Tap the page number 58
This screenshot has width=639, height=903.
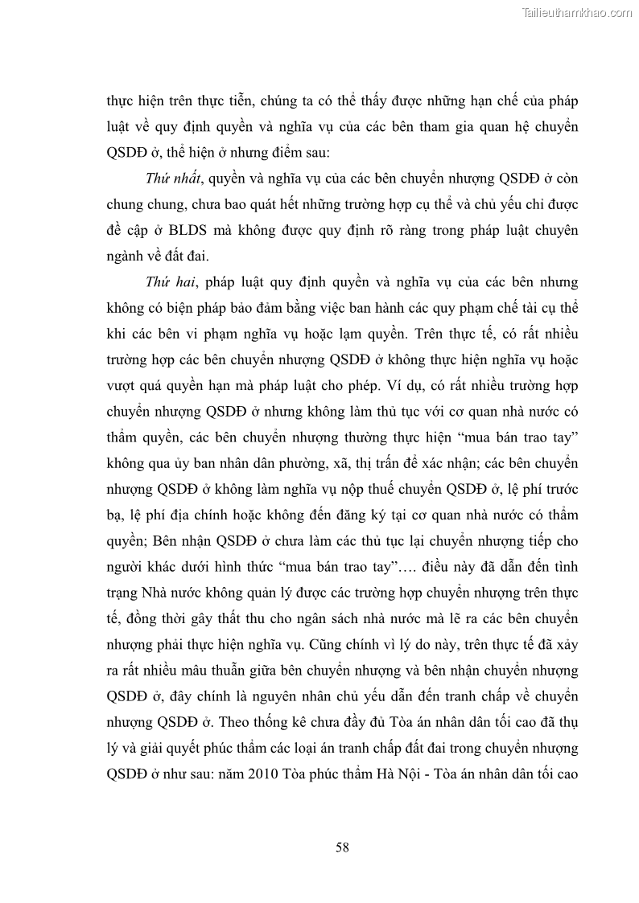[341, 847]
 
